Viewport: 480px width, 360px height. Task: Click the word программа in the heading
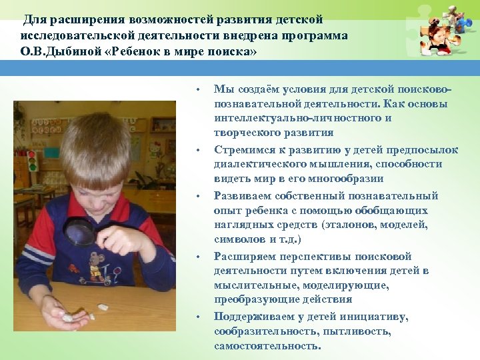point(309,35)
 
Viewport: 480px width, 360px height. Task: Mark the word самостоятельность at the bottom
point(267,346)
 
